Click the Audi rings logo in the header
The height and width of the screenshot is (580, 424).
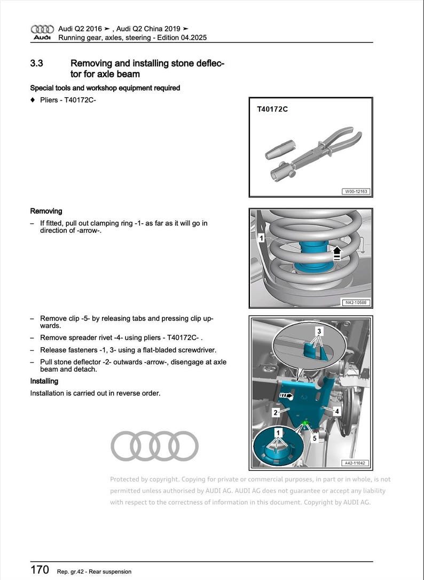pos(42,29)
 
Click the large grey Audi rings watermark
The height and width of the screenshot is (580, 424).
pos(154,446)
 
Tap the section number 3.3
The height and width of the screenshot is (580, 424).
pos(37,64)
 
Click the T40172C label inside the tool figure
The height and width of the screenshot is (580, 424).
pos(272,109)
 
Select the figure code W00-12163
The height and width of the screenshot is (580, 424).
pos(356,191)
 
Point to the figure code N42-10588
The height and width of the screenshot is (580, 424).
pos(356,303)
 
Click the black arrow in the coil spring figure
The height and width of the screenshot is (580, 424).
pos(337,252)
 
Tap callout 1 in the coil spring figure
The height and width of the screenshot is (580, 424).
pos(261,238)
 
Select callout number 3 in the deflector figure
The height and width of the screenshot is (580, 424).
pos(319,331)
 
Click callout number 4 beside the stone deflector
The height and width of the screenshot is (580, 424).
pos(337,411)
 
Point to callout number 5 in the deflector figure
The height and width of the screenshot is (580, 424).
pos(315,438)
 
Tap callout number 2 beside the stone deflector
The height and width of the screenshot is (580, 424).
pos(276,412)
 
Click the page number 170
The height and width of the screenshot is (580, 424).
pos(40,569)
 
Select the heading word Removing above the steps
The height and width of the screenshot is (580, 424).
pos(46,211)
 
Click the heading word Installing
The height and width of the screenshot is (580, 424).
pos(44,381)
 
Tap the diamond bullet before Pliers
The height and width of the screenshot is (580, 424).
pos(33,100)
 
